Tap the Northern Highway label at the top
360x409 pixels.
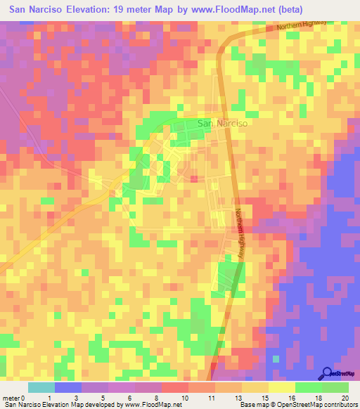click(302, 25)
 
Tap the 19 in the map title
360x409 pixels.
click(128, 11)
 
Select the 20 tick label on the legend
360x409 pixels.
click(344, 398)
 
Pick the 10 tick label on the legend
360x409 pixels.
click(184, 398)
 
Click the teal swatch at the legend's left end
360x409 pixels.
click(41, 387)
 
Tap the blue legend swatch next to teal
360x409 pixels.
click(67, 387)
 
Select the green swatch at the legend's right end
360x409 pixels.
click(335, 387)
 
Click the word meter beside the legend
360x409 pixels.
click(11, 398)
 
